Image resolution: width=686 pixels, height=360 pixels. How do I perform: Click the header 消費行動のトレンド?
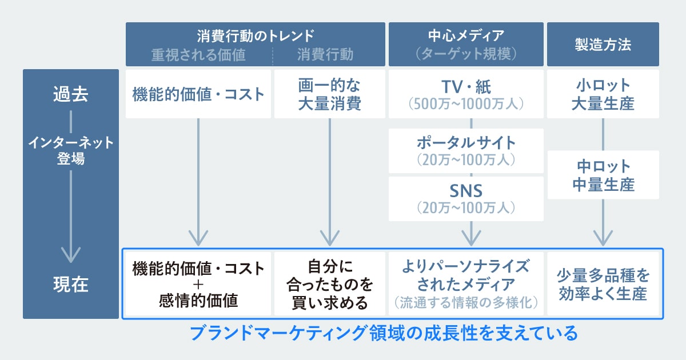(x=256, y=35)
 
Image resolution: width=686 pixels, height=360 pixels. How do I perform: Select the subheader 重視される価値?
(x=198, y=54)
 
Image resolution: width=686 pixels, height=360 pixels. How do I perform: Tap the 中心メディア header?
(x=466, y=35)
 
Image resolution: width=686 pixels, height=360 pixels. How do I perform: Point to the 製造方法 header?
(x=603, y=45)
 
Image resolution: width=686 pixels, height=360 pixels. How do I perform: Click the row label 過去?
(x=70, y=94)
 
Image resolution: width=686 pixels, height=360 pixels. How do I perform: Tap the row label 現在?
(x=70, y=284)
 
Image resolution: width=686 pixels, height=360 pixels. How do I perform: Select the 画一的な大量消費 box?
(x=330, y=94)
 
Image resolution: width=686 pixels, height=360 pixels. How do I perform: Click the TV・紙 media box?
(x=466, y=94)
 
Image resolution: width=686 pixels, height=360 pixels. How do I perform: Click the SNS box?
(x=466, y=198)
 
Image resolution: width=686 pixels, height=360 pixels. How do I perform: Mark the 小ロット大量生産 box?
(x=603, y=94)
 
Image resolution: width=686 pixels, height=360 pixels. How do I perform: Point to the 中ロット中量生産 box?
(x=603, y=175)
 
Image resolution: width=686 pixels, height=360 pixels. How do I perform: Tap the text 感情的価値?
(x=198, y=300)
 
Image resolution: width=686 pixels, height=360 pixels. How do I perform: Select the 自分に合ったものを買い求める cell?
(x=330, y=284)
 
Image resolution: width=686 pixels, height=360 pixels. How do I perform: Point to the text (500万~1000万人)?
(x=466, y=104)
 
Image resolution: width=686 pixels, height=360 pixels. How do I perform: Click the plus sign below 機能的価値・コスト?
(x=198, y=284)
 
